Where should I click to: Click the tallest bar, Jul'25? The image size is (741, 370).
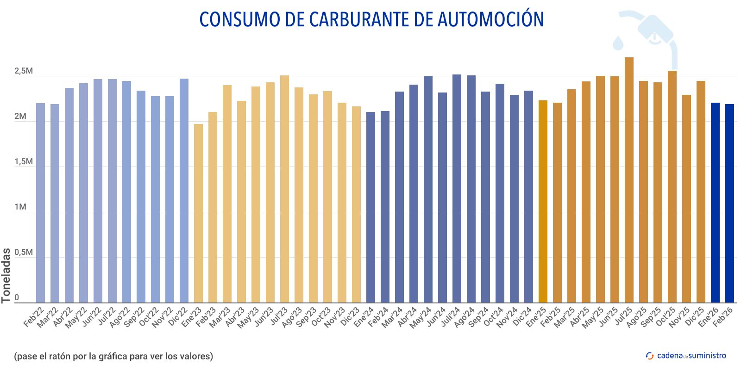[x=629, y=180]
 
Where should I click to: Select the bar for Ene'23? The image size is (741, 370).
[x=198, y=213]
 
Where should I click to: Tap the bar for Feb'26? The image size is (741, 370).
[x=729, y=203]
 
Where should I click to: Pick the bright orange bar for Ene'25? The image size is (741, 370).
[x=543, y=202]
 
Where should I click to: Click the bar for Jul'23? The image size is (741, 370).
[x=284, y=189]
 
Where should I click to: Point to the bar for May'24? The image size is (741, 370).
[x=428, y=189]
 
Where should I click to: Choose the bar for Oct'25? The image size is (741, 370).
[x=672, y=187]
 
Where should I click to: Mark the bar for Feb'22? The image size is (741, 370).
[x=40, y=203]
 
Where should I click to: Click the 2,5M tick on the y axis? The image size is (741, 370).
[x=23, y=71]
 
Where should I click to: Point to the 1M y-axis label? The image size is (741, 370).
[x=20, y=207]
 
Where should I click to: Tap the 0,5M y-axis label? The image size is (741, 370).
[x=23, y=253]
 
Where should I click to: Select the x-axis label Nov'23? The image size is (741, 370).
[x=335, y=318]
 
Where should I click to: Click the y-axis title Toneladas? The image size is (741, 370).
[x=6, y=276]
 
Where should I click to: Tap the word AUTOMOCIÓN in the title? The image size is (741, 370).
[x=490, y=19]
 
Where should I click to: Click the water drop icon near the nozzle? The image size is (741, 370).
[x=618, y=43]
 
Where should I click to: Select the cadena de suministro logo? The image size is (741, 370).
[x=686, y=356]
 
